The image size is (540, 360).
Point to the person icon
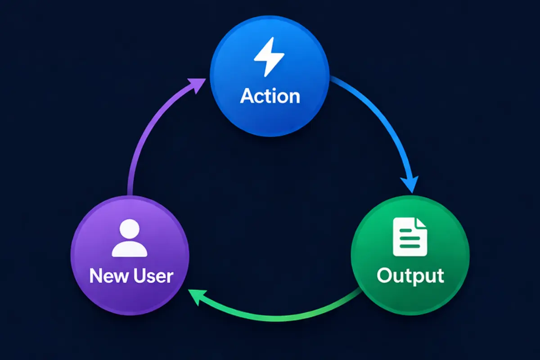(130, 238)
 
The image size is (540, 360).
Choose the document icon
(409, 237)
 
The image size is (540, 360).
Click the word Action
(270, 96)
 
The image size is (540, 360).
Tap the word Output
(410, 275)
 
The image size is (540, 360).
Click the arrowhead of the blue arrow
(410, 184)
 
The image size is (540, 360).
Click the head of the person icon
(130, 229)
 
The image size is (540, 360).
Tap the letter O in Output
(385, 275)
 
